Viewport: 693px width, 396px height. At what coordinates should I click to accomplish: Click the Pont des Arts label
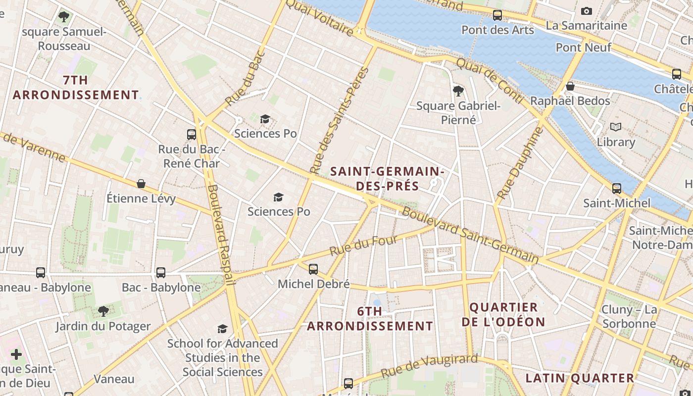[x=497, y=30]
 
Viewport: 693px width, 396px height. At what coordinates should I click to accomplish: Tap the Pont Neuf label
[x=583, y=48]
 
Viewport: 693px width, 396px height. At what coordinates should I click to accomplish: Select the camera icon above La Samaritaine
[x=586, y=11]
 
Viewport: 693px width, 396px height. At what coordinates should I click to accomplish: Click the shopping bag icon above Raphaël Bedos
[x=570, y=86]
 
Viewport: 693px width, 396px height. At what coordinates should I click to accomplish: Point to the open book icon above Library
[x=615, y=127]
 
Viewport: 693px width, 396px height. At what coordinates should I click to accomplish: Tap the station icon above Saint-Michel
[x=616, y=189]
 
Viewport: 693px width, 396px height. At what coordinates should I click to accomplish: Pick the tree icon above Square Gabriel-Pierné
[x=458, y=91]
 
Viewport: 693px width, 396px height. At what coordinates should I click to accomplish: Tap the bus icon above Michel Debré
[x=313, y=269]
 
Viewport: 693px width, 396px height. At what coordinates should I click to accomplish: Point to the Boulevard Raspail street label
[x=221, y=235]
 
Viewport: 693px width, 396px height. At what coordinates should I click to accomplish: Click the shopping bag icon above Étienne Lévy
[x=141, y=184]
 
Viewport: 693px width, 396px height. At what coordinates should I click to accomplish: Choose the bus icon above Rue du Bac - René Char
[x=191, y=134]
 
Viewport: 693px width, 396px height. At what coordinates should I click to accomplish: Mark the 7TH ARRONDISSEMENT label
[x=76, y=87]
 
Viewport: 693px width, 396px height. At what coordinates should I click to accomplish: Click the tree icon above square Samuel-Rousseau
[x=63, y=17]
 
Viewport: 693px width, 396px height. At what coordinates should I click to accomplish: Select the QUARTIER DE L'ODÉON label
[x=503, y=314]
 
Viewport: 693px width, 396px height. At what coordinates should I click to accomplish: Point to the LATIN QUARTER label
[x=579, y=378]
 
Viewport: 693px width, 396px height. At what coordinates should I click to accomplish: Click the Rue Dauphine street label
[x=520, y=163]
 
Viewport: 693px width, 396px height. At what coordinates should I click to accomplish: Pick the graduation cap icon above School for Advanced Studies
[x=222, y=329]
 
